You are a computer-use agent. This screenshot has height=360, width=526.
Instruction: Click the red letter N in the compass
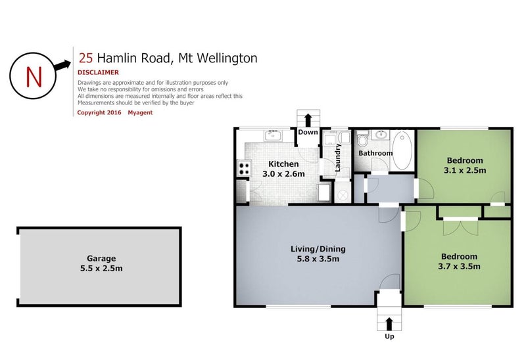tap(34, 77)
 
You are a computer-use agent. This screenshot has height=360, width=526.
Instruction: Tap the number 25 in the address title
tap(85, 58)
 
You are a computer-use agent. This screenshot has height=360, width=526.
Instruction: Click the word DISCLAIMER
tap(98, 72)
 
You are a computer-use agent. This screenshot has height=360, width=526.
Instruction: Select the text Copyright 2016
tap(99, 112)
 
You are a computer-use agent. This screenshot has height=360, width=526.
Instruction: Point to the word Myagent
tap(140, 112)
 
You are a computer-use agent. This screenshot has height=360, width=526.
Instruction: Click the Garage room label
tap(101, 258)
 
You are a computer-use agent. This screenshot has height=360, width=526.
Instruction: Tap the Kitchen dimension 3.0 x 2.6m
tap(283, 173)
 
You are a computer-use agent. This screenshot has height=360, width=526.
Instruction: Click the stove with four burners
tap(244, 168)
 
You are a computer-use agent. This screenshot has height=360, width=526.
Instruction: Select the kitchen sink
tap(273, 135)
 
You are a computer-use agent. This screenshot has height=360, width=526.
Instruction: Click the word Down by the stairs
tap(308, 132)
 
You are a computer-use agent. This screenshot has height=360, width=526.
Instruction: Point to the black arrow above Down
tap(308, 120)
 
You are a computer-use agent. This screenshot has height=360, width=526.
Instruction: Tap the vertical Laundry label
tap(337, 158)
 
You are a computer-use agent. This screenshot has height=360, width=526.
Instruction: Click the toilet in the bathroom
tap(362, 139)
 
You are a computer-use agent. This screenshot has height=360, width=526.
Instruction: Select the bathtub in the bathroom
tap(402, 150)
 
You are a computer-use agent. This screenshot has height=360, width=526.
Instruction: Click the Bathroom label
tap(375, 153)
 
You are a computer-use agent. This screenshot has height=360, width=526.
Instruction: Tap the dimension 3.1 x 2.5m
tap(465, 170)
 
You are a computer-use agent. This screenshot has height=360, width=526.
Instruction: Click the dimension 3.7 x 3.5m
tap(459, 267)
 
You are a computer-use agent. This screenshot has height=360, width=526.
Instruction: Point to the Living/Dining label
tap(318, 249)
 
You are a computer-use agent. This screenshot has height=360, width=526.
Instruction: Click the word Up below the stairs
tap(389, 336)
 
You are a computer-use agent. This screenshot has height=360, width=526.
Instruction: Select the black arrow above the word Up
tap(389, 324)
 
